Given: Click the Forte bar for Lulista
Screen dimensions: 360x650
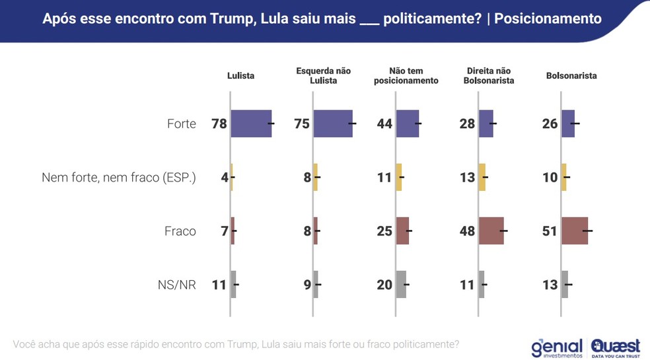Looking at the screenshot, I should pyautogui.click(x=251, y=124).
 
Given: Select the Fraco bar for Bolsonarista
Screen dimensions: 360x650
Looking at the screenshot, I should pyautogui.click(x=575, y=231).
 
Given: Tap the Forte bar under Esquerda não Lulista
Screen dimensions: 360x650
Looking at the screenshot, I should pyautogui.click(x=333, y=124).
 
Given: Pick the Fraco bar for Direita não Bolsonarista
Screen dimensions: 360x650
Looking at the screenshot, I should pyautogui.click(x=491, y=231).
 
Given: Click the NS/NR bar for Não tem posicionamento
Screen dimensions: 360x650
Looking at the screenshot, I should pyautogui.click(x=401, y=285).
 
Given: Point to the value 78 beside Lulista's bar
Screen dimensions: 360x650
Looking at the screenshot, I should pyautogui.click(x=219, y=124).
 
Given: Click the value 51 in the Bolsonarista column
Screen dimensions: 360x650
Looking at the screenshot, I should pyautogui.click(x=550, y=231).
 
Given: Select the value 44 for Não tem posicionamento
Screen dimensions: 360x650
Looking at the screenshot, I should pyautogui.click(x=384, y=124).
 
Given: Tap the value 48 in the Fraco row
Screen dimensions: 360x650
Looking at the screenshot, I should pyautogui.click(x=467, y=231).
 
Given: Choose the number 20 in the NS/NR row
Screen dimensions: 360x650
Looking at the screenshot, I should pyautogui.click(x=384, y=285).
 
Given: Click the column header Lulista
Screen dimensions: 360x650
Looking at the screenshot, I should pyautogui.click(x=240, y=76).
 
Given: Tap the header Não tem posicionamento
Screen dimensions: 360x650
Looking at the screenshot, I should pyautogui.click(x=406, y=76).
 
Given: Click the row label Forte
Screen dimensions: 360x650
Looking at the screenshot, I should pyautogui.click(x=181, y=124).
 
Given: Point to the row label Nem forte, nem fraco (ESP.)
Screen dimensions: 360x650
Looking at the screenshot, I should pyautogui.click(x=119, y=177).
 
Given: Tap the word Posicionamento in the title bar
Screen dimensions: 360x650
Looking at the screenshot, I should pyautogui.click(x=548, y=18).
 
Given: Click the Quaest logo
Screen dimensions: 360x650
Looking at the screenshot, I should pyautogui.click(x=615, y=347).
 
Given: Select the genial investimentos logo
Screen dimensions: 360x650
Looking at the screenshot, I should pyautogui.click(x=557, y=348).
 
